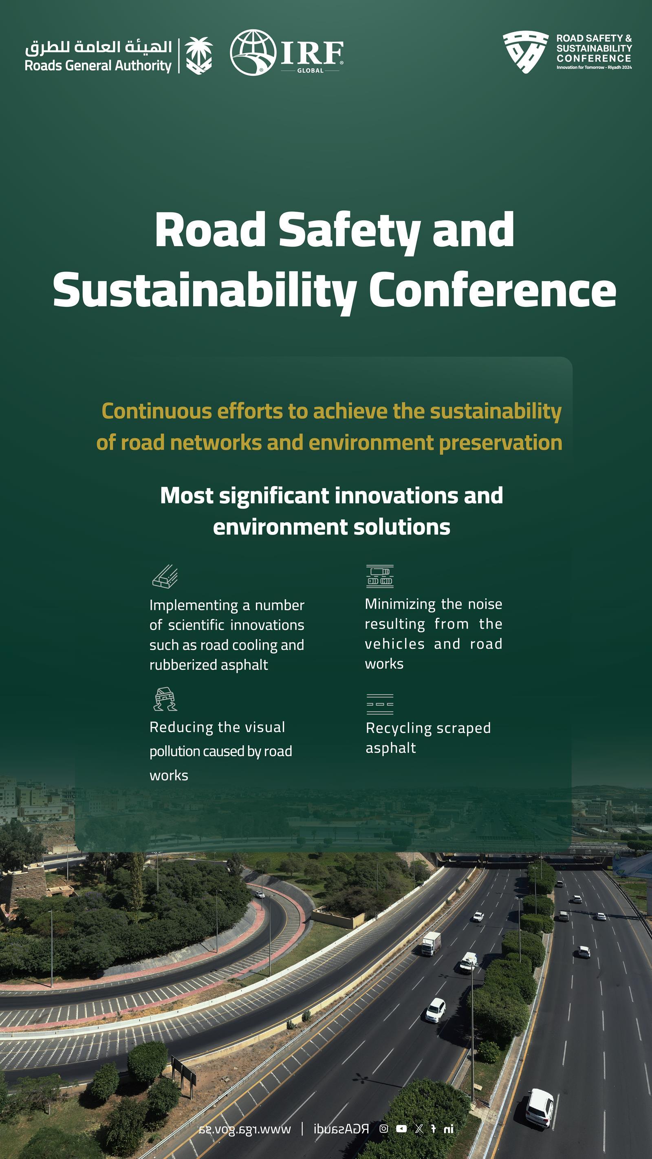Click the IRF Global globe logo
click(x=253, y=52)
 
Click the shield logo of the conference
click(x=525, y=51)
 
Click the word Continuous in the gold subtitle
click(x=156, y=411)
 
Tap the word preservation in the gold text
click(x=500, y=443)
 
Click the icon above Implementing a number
click(x=165, y=576)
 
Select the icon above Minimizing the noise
click(x=380, y=576)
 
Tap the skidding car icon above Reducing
click(x=165, y=699)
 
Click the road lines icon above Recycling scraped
click(x=380, y=704)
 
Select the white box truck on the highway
click(x=431, y=943)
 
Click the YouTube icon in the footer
click(x=401, y=1128)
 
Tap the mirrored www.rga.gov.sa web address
click(x=245, y=1129)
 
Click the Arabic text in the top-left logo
click(x=99, y=46)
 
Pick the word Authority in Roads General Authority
click(x=143, y=66)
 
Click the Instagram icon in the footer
click(x=383, y=1128)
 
